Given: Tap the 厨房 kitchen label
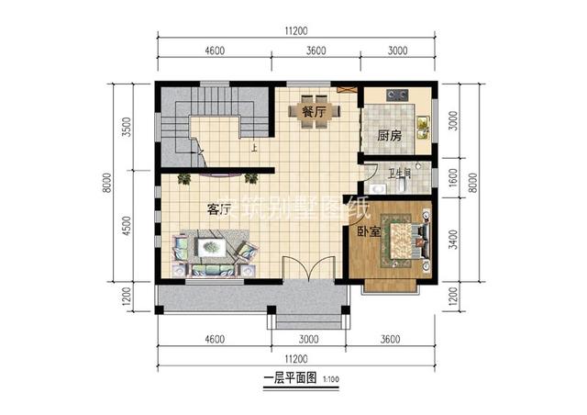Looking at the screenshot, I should click(x=389, y=136).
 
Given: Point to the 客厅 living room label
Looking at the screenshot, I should click(x=218, y=209).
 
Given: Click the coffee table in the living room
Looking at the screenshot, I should click(x=213, y=247).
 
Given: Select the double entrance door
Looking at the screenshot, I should click(x=304, y=269).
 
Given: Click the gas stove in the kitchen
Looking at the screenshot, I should click(x=397, y=94).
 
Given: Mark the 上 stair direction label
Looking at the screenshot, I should click(x=253, y=146).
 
